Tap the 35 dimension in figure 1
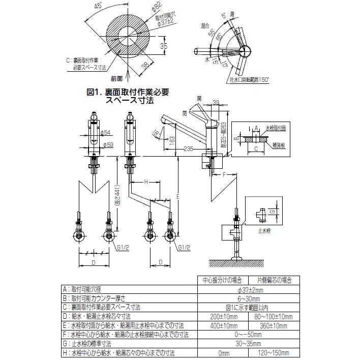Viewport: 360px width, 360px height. (164, 47)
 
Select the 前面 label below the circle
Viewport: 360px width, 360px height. (117, 79)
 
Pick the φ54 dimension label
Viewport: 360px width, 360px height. (106, 133)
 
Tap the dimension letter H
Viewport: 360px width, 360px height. (145, 182)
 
